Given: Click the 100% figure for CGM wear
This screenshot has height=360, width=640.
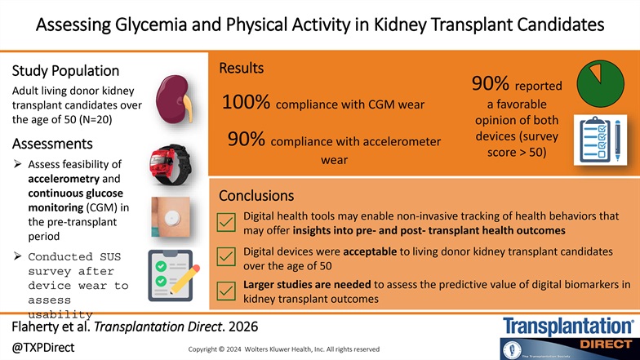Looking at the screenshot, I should coord(247,104).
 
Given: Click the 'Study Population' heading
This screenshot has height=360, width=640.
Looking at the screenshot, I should coord(66,71).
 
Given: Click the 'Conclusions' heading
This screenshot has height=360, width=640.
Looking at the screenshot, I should coord(256,197).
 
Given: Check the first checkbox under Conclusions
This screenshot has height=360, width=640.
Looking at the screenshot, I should coord(226,221).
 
